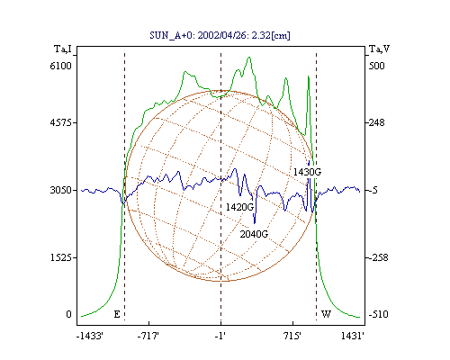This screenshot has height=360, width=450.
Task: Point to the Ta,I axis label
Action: point(63,49)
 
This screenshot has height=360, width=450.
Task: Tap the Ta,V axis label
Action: point(379,49)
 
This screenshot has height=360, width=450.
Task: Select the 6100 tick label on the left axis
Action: point(60,66)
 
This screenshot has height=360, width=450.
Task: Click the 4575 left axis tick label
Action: point(60,122)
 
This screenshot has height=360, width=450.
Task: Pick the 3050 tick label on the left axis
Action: point(60,190)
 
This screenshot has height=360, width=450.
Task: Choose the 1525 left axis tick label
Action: point(60,257)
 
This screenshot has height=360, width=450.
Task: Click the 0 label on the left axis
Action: point(68,314)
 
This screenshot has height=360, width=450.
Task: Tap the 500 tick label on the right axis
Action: point(376,66)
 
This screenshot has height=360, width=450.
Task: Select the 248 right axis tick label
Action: point(377,122)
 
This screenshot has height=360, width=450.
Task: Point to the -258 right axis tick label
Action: point(379,257)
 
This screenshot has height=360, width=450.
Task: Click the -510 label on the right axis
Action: point(379,314)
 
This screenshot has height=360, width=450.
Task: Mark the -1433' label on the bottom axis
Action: point(90,336)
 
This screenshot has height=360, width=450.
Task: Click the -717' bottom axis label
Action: point(148,336)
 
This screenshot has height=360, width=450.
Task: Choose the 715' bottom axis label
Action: point(292,336)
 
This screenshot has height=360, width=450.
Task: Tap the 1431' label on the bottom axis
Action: point(353,336)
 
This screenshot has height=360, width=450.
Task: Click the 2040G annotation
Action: point(254,234)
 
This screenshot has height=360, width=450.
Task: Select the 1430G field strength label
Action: point(307,172)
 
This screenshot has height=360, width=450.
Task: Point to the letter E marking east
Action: point(117,314)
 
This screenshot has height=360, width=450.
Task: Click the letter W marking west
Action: point(326,314)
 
